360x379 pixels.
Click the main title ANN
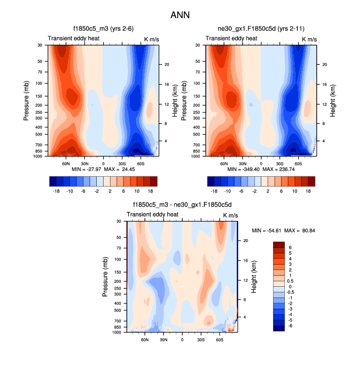tap(180, 15)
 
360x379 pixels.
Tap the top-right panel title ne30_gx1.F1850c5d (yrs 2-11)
tap(261, 28)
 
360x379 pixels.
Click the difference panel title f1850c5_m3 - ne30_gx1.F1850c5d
tap(182, 205)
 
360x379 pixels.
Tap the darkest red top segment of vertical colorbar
tap(278, 245)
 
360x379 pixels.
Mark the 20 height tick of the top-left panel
tap(166, 64)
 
